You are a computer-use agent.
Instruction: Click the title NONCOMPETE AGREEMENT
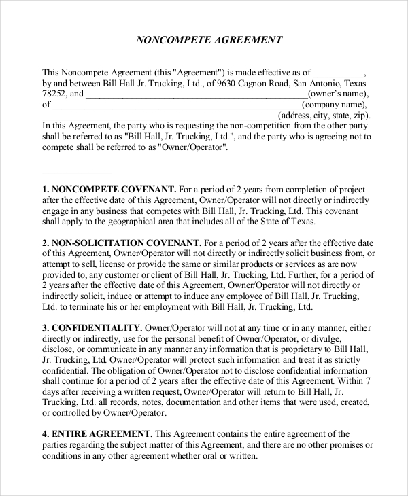[209, 40]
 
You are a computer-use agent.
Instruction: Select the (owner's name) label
[337, 94]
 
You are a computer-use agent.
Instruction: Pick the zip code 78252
[55, 94]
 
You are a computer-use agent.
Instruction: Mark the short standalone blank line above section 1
[77, 171]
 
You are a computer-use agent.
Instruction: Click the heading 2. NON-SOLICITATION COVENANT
[122, 242]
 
